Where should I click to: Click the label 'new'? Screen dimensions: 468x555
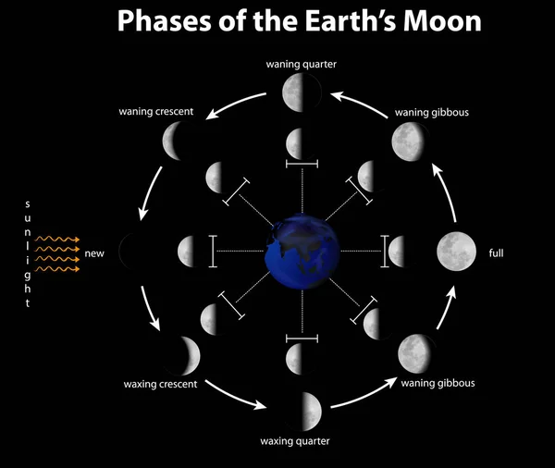click(94, 252)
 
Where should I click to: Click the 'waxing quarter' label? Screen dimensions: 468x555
click(294, 439)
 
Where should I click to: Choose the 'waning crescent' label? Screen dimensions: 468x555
click(155, 112)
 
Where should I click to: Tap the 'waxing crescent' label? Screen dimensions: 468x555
click(159, 383)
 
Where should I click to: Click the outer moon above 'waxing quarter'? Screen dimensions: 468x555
click(305, 406)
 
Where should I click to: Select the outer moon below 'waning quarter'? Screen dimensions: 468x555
click(302, 92)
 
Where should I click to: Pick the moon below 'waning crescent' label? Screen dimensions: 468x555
click(175, 141)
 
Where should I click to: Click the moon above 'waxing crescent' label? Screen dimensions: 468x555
click(181, 352)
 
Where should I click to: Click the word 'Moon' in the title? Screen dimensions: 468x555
click(438, 21)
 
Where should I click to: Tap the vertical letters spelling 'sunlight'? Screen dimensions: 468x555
click(28, 253)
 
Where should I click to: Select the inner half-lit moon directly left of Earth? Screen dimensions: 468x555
click(190, 250)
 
